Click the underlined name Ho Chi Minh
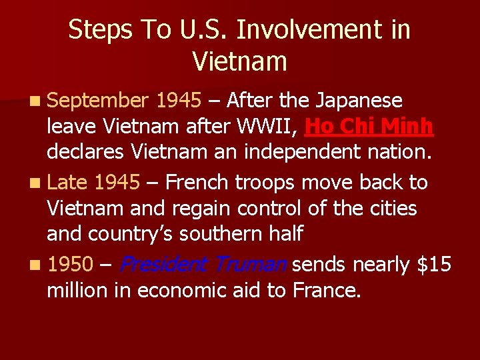369,126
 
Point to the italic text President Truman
203,265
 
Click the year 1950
70,265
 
